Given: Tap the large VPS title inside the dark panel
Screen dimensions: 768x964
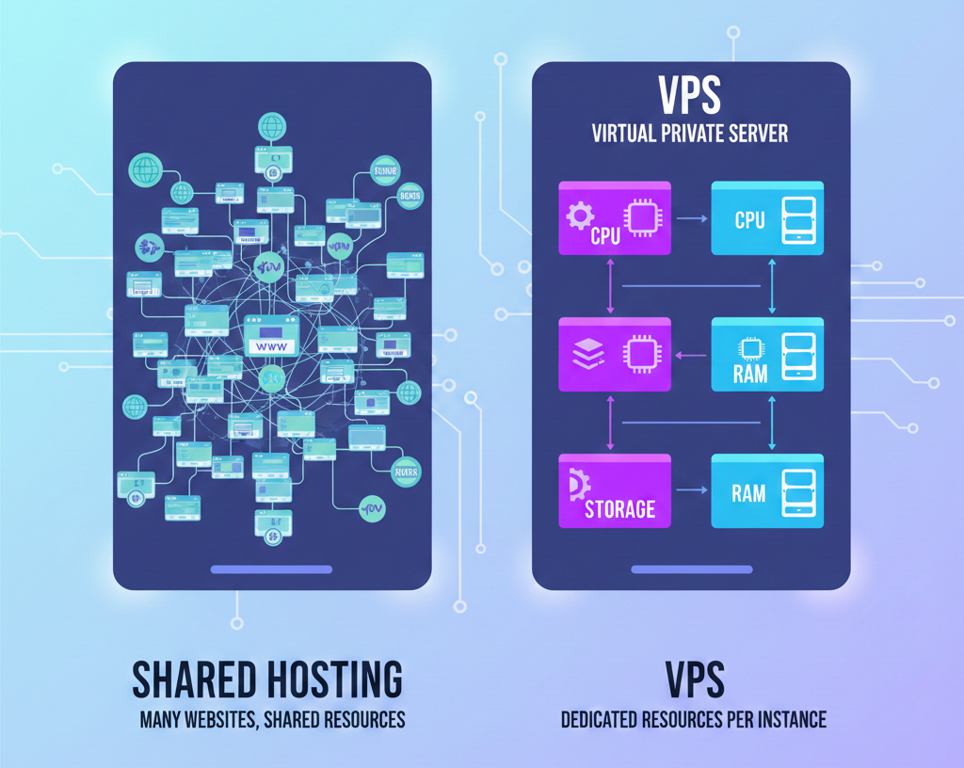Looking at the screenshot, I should tap(690, 96).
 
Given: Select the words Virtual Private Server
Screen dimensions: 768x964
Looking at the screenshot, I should tap(690, 133).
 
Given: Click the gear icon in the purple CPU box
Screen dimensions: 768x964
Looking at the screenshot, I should tap(579, 216).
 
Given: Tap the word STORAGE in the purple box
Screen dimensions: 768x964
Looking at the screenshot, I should tap(619, 509).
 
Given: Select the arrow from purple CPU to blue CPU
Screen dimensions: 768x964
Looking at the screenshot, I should tap(691, 218).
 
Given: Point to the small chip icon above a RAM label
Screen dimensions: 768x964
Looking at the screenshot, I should tap(749, 349).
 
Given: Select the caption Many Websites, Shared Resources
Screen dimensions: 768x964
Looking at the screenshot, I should tap(272, 720).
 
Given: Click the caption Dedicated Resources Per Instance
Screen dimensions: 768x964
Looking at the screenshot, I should tap(693, 720).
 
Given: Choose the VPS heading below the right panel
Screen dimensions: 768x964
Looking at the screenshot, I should tap(693, 680).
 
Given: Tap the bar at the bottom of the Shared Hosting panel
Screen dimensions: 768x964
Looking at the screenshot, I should tap(271, 569).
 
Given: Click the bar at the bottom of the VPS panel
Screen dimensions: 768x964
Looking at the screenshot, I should tap(691, 569).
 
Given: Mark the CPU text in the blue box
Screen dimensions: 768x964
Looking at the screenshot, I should tap(749, 220).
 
